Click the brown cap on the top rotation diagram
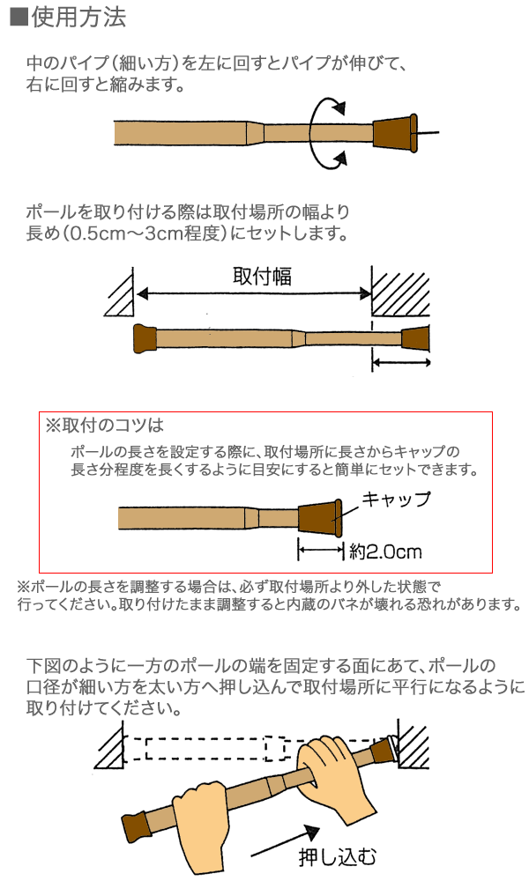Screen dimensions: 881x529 [393, 133]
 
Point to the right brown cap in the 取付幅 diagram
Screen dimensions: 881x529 [415, 338]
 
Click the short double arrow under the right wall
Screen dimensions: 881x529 [399, 363]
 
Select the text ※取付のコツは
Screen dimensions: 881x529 [105, 426]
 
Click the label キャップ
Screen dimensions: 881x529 [397, 500]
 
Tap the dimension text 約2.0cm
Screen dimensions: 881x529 [385, 552]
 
